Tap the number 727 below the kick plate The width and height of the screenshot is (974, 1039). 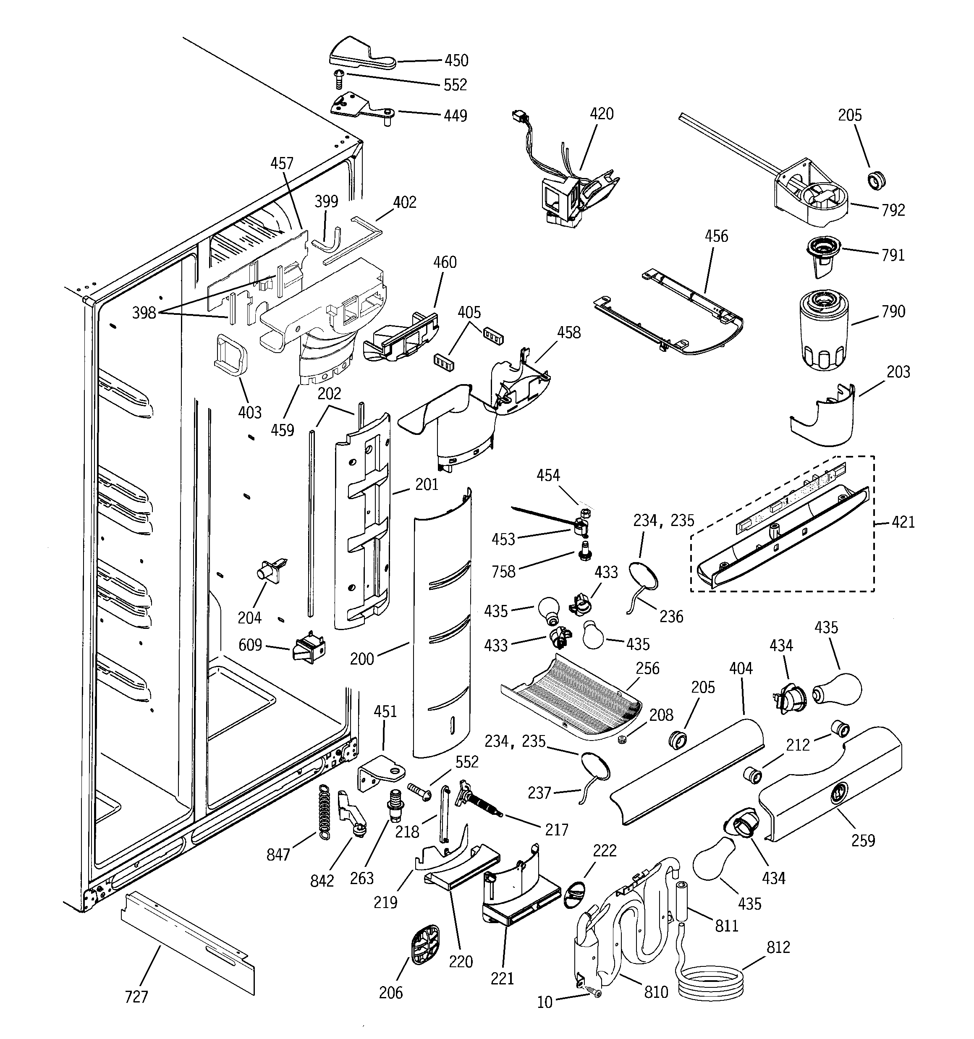click(x=136, y=997)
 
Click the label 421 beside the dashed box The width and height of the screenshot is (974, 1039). click(x=903, y=522)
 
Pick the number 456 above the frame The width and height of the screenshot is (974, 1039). click(x=716, y=236)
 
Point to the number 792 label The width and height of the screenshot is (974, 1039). click(x=893, y=210)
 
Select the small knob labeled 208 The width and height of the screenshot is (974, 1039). click(x=622, y=740)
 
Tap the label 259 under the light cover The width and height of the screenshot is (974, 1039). click(x=863, y=840)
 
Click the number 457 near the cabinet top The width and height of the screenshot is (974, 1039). click(x=282, y=164)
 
